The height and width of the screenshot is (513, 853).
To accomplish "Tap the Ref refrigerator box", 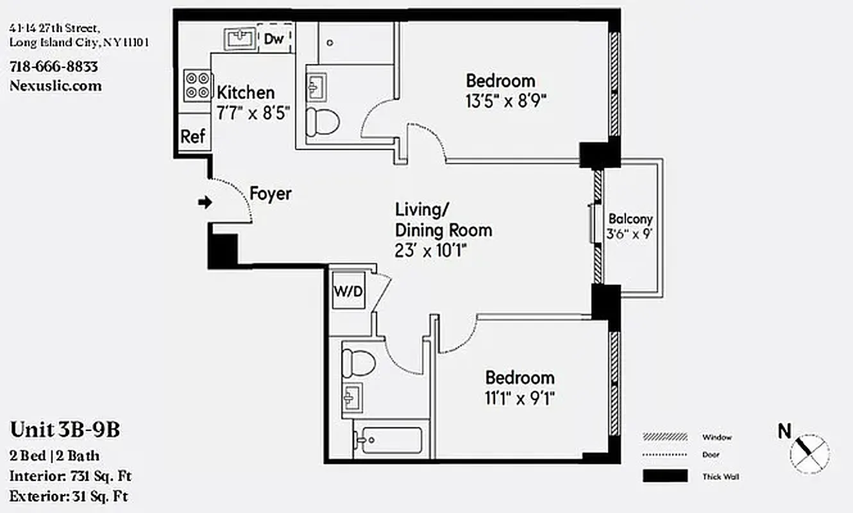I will [193, 136].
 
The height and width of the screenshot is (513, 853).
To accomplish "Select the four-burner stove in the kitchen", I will [197, 85].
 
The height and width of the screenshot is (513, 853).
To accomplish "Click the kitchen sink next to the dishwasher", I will [241, 38].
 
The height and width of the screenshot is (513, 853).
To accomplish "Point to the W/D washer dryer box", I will [348, 292].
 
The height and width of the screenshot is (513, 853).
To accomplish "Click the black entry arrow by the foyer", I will [205, 203].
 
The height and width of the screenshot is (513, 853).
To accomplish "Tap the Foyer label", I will [270, 194].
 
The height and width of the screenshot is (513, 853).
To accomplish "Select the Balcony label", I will [630, 219].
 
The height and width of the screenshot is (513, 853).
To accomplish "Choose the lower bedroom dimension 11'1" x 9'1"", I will [519, 398].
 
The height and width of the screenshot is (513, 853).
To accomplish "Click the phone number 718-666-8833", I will [54, 67].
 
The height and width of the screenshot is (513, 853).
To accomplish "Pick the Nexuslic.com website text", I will [56, 86].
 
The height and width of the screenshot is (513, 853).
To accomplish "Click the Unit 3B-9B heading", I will [65, 430].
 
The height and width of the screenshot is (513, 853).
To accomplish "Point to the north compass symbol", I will [809, 451].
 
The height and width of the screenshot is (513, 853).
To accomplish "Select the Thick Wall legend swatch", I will [665, 476].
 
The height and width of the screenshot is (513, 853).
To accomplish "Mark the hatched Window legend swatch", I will [665, 437].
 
